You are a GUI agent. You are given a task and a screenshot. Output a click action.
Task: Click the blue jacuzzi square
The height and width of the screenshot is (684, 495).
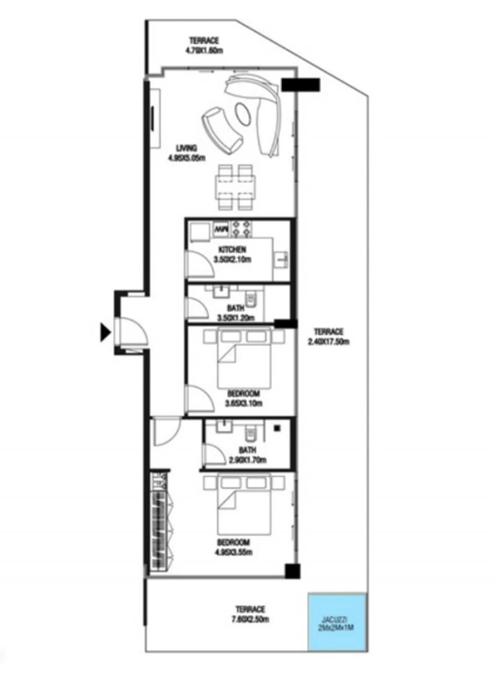pos(337,621)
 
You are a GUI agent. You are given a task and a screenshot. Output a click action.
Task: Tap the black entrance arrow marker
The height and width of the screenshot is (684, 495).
pos(105,332)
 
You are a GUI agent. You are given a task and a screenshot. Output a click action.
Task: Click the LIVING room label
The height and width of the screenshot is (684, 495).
pos(187,148)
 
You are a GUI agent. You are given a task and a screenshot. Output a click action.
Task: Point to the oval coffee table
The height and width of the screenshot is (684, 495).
pos(244,114)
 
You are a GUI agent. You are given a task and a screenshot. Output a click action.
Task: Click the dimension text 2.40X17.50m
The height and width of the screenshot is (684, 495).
pos(328,341)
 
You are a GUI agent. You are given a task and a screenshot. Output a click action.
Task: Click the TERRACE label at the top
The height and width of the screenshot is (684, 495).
pos(204,41)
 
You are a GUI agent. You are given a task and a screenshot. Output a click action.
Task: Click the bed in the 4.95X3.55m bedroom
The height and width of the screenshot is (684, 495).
pos(244,504)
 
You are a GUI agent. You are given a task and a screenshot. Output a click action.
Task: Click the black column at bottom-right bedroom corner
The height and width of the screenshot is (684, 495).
pos(293,571)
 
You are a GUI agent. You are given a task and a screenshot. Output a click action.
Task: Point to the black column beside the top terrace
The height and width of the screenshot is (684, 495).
pos(300,84)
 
